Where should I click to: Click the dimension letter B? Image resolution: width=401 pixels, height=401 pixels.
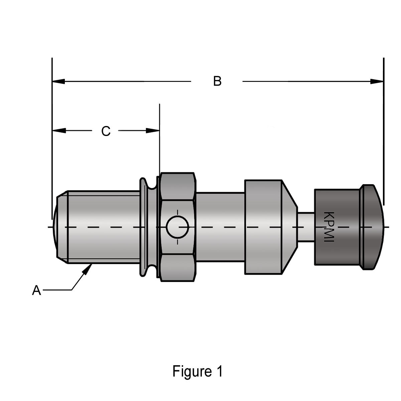tap(217, 81)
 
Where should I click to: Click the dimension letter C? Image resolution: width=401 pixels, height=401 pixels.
tap(106, 131)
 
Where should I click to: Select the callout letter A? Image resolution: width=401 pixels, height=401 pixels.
tap(36, 290)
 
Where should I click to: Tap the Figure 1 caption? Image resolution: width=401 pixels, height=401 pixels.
tap(197, 371)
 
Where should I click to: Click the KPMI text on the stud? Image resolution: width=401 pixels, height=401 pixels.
tap(329, 227)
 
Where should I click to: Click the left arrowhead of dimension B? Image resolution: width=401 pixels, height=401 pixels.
tap(58, 81)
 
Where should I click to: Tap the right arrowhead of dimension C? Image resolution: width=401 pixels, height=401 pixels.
tap(153, 130)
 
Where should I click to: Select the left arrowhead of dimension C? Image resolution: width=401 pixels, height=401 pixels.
tap(58, 130)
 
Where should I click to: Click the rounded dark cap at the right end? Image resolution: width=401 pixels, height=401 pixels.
tap(373, 227)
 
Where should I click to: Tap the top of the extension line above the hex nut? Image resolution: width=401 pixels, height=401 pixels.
tap(160, 105)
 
